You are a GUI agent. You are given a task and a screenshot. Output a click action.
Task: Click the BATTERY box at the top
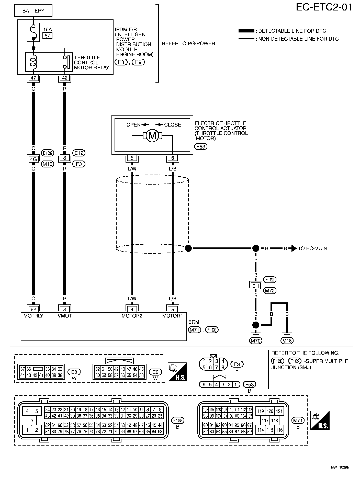pos(33,11)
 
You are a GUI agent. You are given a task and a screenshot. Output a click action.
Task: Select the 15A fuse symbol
pos(33,32)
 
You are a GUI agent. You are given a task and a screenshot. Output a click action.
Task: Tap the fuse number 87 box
pos(48,36)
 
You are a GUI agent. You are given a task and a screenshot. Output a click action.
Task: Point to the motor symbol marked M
pos(152,135)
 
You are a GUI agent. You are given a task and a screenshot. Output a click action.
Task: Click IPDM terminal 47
pos(33,78)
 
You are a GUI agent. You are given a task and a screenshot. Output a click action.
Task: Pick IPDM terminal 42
pos(64,78)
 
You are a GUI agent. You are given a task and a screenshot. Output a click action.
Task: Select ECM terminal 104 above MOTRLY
pos(33,310)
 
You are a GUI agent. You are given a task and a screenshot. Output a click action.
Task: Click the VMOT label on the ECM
pos(65,316)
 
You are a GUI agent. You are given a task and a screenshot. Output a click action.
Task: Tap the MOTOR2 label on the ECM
pos(132,316)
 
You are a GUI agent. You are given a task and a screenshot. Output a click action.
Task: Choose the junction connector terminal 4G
pos(33,160)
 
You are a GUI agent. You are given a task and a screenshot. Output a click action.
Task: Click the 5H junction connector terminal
pos(255,286)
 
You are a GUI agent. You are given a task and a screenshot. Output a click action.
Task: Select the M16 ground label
pos(287,340)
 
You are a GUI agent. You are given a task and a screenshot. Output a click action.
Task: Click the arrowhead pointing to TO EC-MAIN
pos(294,248)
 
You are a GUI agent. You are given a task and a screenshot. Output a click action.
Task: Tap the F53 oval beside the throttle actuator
pos(201,147)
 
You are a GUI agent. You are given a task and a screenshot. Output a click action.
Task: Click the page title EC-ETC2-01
pos(324,8)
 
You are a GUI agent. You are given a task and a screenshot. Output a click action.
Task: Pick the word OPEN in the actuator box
pos(133,125)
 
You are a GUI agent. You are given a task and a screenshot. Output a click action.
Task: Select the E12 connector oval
pos(79,153)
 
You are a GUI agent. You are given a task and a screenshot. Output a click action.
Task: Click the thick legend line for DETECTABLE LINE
pos(246,31)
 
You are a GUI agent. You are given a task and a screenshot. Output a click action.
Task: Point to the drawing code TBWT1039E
pos(339,467)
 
